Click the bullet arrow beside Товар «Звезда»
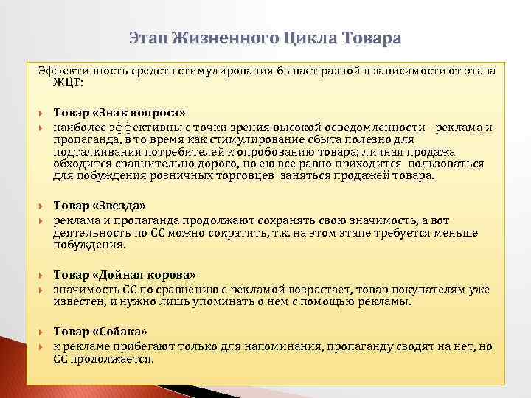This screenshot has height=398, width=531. [x=42, y=206]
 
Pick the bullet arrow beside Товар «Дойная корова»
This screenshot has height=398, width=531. [x=42, y=276]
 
